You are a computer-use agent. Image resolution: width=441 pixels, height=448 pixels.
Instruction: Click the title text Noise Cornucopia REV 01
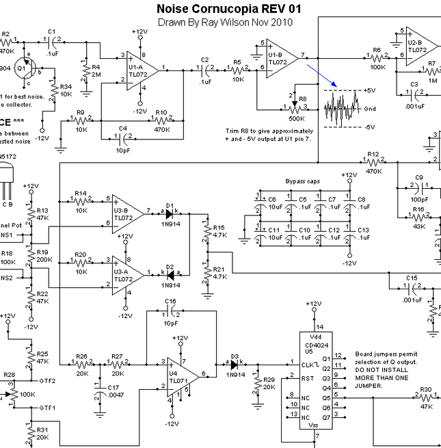228,9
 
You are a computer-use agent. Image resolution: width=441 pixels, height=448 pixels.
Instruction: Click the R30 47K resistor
425,396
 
